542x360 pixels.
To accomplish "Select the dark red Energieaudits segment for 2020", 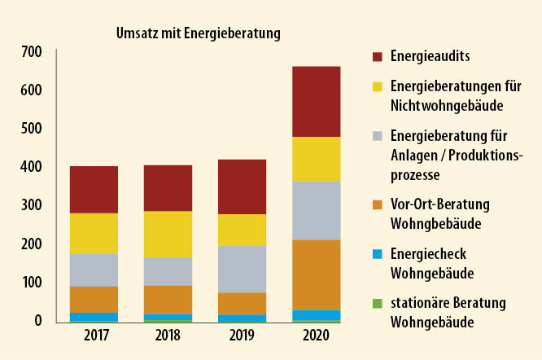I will pos(316,101).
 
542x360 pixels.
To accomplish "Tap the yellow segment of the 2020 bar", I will pos(316,159).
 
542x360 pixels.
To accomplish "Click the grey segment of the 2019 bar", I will pos(242,269).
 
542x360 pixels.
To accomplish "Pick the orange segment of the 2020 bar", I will pos(316,274).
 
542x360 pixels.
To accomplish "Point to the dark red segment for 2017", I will pos(94,190).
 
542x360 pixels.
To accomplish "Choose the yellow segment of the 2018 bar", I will pos(168,234).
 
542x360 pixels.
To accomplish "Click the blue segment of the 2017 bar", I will pos(94,316).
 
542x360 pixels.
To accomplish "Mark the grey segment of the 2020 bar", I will pos(316,210).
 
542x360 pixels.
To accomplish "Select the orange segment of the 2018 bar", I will pos(168,299).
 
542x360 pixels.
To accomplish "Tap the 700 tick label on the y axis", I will pos(31,52).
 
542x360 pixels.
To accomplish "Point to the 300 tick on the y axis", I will pos(31,205).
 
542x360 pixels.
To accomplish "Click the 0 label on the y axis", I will pos(37,321).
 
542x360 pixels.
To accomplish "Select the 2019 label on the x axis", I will pos(242,336).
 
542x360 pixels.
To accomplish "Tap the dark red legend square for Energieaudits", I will pos(377,57).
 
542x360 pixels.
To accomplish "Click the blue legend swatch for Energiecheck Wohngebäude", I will pos(377,255).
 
